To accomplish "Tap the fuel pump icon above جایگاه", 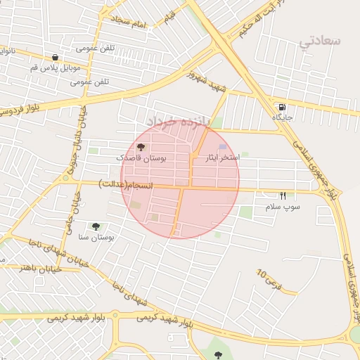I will [282, 108].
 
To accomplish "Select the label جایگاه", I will [283, 119].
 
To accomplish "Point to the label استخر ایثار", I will [219, 158].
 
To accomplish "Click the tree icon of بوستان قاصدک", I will [141, 148].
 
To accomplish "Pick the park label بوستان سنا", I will [97, 238].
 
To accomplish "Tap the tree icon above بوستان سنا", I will [96, 226].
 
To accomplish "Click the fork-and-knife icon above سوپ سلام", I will [283, 195].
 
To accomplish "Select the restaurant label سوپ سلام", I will [283, 207].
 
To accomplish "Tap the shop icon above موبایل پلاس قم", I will [55, 58].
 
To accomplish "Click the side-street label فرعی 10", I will [268, 282].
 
